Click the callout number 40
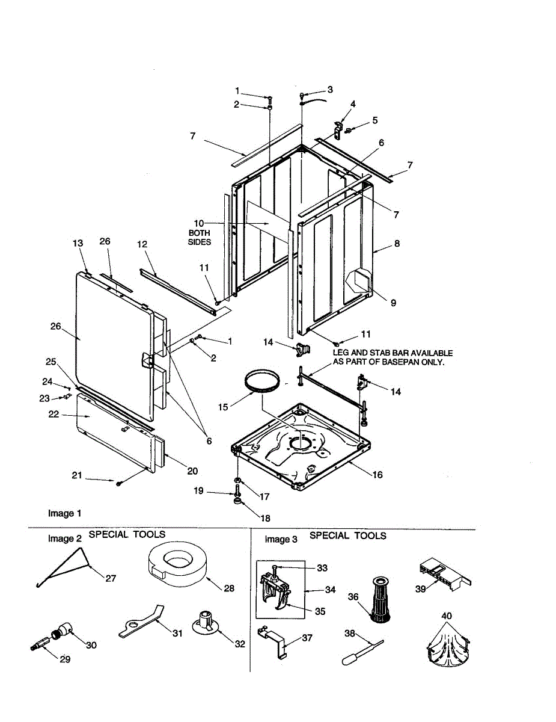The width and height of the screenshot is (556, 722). point(447,616)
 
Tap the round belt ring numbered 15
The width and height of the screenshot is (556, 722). point(261,383)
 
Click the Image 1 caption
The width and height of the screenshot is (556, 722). point(64,513)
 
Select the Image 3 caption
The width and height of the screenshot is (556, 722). point(281,539)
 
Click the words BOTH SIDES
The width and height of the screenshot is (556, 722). point(200,237)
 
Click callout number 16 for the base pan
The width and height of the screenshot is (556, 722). point(377,475)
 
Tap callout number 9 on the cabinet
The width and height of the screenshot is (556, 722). point(393,303)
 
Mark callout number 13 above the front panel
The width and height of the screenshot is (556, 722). point(78,243)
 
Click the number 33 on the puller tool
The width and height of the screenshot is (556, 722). point(323,567)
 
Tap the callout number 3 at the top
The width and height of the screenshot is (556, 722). point(330,90)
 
